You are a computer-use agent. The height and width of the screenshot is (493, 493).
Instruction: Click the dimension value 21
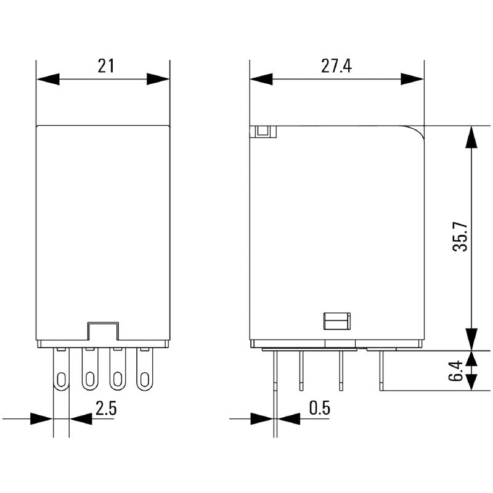pyautogui.click(x=106, y=66)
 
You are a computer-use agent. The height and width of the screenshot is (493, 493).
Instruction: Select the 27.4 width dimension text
pyautogui.click(x=336, y=66)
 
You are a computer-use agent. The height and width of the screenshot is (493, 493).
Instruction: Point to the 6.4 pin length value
pyautogui.click(x=455, y=370)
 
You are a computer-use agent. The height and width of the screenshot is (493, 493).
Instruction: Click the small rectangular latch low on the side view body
pyautogui.click(x=336, y=320)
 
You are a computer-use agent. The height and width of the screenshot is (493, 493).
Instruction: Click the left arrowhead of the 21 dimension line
pyautogui.click(x=48, y=79)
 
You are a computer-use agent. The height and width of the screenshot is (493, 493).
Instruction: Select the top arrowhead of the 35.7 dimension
pyautogui.click(x=471, y=137)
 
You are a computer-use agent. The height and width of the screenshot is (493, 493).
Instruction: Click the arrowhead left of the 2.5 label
pyautogui.click(x=42, y=418)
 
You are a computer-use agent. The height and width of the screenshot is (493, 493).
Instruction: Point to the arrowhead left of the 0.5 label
pyautogui.click(x=261, y=418)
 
